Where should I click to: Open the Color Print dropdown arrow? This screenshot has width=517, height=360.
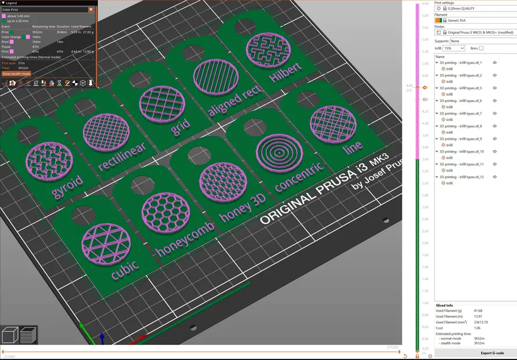(x=90, y=10)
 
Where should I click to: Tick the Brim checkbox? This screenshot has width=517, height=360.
(x=481, y=48)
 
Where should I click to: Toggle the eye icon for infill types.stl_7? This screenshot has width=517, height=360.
(x=495, y=113)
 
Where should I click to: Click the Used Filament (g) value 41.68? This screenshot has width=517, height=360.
(x=478, y=310)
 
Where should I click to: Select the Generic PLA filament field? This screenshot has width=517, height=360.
(x=473, y=20)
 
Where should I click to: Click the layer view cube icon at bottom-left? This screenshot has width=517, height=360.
(x=10, y=335)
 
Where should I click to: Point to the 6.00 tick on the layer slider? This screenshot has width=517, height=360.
(x=425, y=4)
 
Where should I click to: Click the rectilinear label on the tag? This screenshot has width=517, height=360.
(x=122, y=157)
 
